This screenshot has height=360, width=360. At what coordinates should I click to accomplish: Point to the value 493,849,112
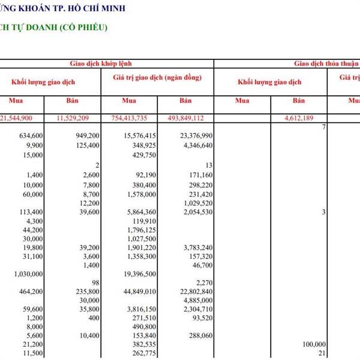pyautogui.click(x=192, y=118)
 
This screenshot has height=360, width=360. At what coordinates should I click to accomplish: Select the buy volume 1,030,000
pyautogui.click(x=28, y=274)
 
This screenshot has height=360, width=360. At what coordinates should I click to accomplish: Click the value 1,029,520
pyautogui.click(x=197, y=203)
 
